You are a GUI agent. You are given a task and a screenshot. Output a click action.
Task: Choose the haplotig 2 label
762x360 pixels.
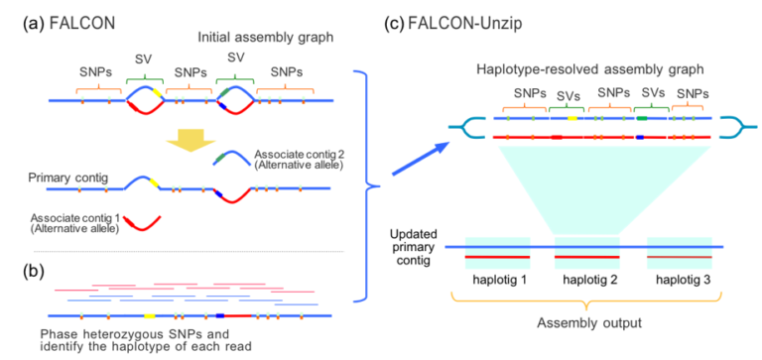tap(588, 283)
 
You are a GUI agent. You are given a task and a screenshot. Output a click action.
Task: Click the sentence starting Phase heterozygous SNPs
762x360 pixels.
tap(145, 339)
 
